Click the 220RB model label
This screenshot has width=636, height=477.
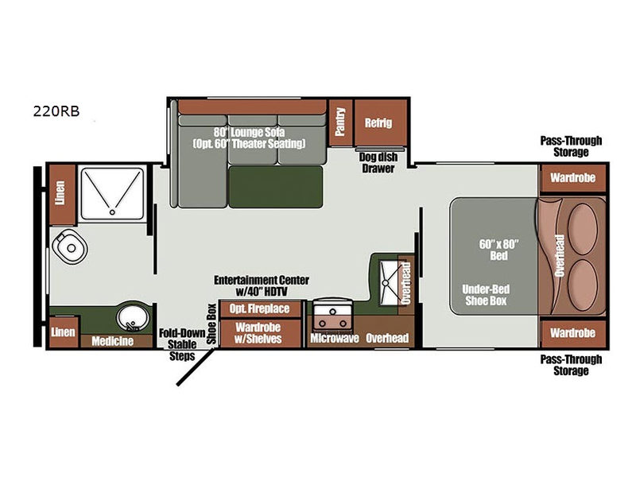62,111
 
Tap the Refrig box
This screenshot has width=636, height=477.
378,123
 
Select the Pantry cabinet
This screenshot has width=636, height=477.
340,123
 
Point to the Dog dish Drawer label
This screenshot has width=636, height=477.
377,162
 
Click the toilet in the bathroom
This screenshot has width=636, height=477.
70,248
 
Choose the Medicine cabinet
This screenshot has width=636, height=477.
112,341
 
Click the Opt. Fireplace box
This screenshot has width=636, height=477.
259,308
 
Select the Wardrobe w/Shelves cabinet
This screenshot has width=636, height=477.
259,332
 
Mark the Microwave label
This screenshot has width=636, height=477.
335,339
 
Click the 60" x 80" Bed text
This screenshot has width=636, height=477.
498,250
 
